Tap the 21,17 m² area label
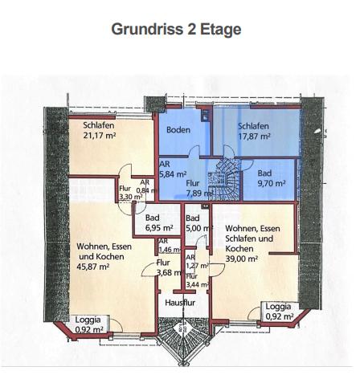point(100,134)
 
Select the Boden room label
point(178,130)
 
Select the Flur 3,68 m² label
point(165,267)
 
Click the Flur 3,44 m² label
point(194,280)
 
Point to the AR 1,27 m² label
point(192,261)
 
